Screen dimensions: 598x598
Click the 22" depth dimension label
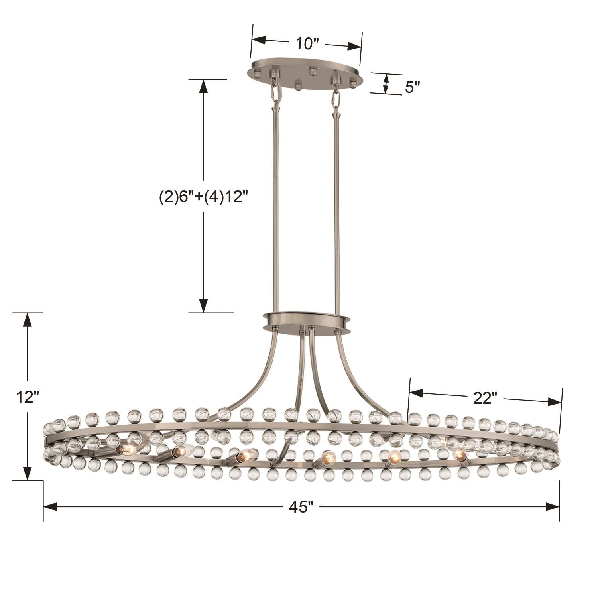(485, 398)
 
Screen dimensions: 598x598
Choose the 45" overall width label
(301, 507)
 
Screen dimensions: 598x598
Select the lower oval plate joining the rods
(306, 321)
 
